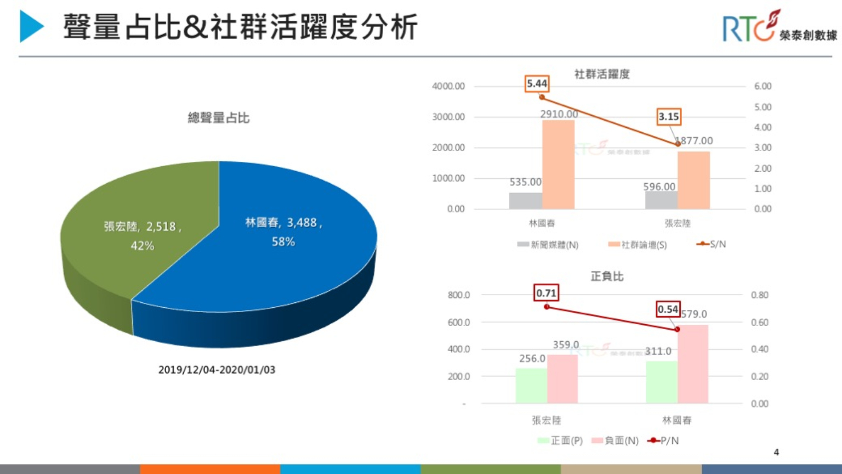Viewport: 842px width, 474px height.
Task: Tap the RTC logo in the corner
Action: tap(778, 27)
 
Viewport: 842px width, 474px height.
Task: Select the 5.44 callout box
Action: tap(537, 83)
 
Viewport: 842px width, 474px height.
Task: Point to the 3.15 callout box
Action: tap(669, 117)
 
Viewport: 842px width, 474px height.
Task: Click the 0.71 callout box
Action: tap(546, 293)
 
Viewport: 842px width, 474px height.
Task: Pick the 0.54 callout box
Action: tap(668, 309)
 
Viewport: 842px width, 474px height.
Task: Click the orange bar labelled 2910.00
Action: tap(558, 165)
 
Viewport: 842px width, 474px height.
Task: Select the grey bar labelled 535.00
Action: tap(525, 201)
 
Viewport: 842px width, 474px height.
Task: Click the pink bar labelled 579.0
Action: tap(693, 364)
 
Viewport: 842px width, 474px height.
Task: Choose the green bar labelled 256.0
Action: tap(531, 386)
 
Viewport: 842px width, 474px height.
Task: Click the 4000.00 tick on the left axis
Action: tap(448, 86)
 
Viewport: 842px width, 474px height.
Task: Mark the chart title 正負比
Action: tap(607, 276)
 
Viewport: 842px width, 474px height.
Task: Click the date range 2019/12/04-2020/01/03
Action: tap(217, 370)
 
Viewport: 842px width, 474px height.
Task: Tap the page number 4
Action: tap(776, 452)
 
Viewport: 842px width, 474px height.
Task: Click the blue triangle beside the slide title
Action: tap(31, 26)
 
